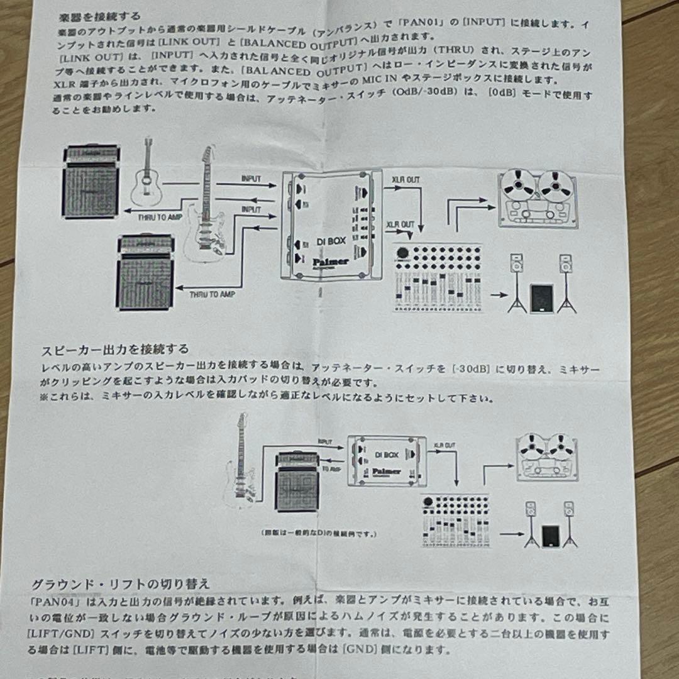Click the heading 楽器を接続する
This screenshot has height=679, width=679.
[x=101, y=16]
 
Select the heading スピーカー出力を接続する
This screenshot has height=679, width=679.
[x=115, y=349]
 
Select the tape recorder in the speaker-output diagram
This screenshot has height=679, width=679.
[x=546, y=457]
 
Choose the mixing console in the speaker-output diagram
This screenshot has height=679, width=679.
[x=455, y=521]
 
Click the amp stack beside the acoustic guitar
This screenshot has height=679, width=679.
[x=92, y=181]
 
